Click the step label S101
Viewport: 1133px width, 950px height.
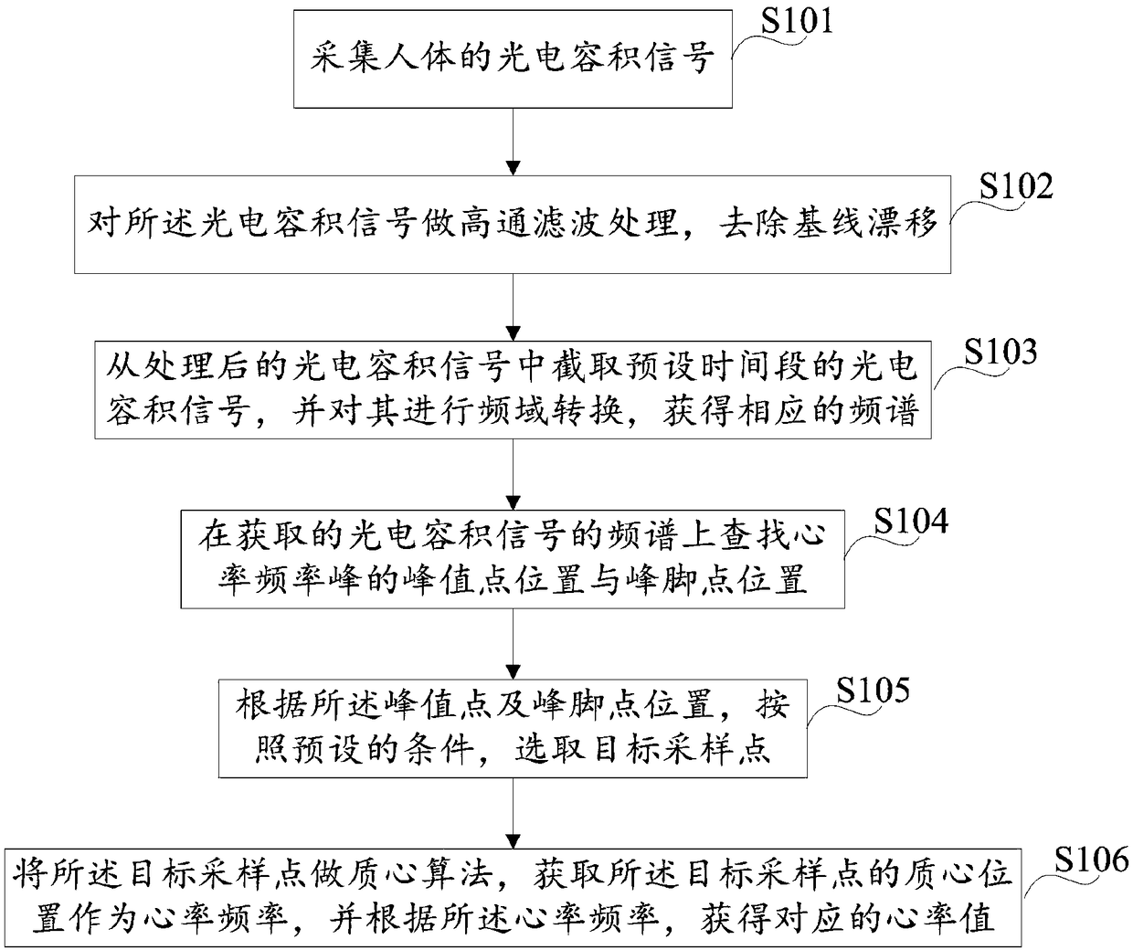click(797, 20)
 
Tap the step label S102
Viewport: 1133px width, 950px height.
click(1015, 186)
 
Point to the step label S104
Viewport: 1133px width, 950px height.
click(910, 522)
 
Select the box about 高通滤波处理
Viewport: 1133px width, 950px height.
click(513, 225)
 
